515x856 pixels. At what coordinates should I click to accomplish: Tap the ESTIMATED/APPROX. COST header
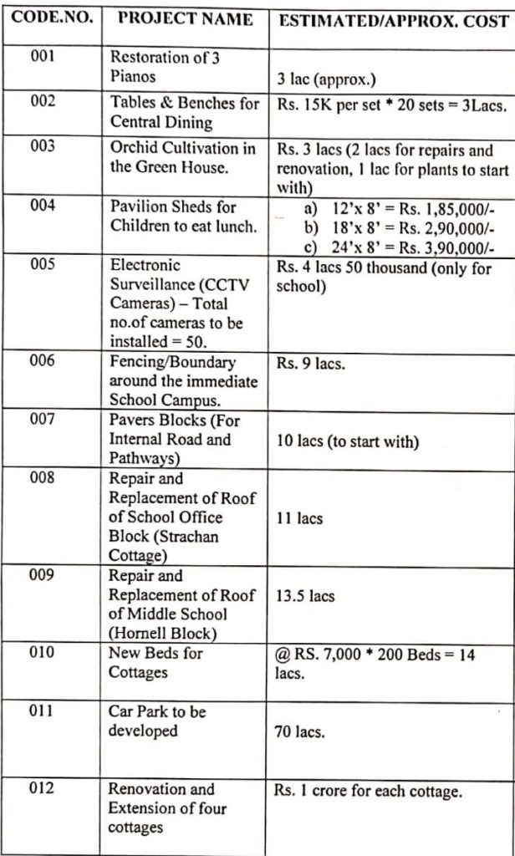392,19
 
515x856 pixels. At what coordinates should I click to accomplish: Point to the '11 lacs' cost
299,518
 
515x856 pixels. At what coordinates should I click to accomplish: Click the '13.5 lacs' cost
305,596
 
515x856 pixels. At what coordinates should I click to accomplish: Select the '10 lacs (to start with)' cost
346,441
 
